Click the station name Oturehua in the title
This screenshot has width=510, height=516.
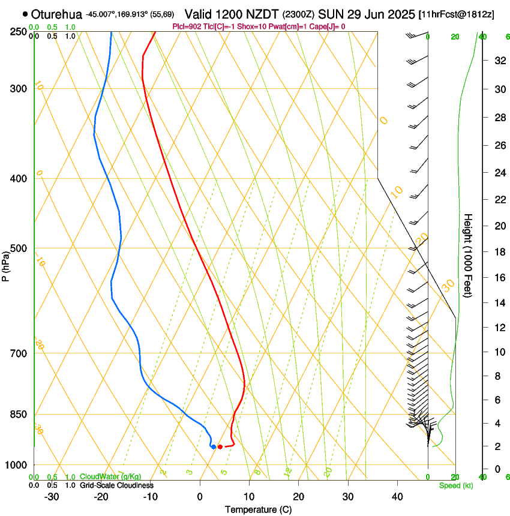tap(56, 14)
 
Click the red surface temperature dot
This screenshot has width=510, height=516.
tap(220, 446)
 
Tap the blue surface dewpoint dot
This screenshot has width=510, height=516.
tap(213, 446)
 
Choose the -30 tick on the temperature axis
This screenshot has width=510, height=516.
tap(52, 496)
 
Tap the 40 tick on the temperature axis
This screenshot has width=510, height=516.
tap(397, 496)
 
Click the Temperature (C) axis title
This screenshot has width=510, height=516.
tap(258, 509)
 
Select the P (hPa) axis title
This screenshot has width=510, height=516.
tap(5, 262)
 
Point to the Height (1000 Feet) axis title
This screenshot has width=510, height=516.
tap(469, 255)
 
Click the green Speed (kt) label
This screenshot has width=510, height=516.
tap(455, 485)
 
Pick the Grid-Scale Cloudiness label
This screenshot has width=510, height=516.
tap(116, 485)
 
